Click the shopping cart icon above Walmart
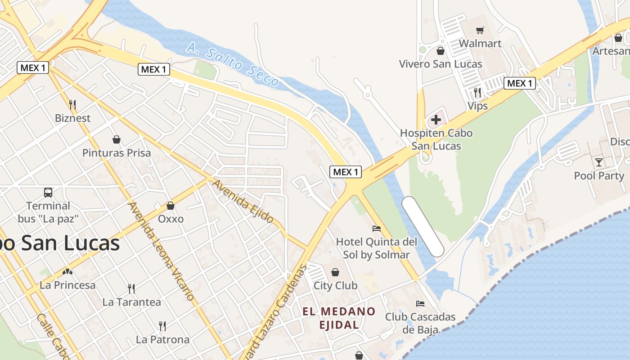(x=480, y=31)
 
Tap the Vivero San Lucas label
(x=441, y=64)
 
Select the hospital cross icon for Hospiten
(x=436, y=120)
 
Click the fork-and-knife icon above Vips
(x=477, y=93)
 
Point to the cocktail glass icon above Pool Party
(x=599, y=162)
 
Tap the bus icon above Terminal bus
(x=48, y=193)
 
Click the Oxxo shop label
(x=171, y=219)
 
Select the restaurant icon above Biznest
(x=72, y=105)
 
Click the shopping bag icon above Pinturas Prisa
(x=117, y=139)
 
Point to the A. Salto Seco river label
(x=233, y=64)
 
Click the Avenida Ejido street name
(x=243, y=202)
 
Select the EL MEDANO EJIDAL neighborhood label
(x=339, y=318)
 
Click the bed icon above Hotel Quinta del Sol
(x=377, y=229)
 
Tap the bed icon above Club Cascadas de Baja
(x=420, y=303)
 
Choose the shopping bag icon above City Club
(x=335, y=272)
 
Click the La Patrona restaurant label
(x=162, y=339)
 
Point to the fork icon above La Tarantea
(x=131, y=288)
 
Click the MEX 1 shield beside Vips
(x=520, y=83)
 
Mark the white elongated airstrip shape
(x=423, y=226)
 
